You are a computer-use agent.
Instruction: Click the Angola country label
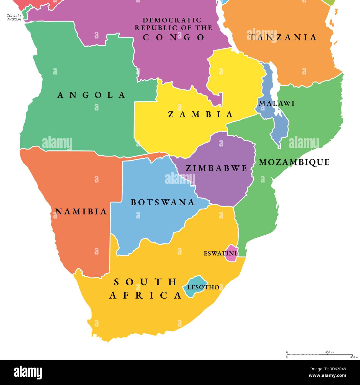tap(91, 95)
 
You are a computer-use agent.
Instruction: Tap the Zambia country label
tap(200, 114)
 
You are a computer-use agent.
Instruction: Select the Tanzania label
tap(282, 37)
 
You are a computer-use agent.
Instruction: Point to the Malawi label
tap(276, 104)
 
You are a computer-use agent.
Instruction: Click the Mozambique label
tap(294, 162)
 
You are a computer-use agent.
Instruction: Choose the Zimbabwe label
tap(216, 168)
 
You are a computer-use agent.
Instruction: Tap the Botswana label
tap(163, 202)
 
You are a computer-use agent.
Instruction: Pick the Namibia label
tap(81, 212)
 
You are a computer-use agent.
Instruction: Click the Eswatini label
tap(220, 253)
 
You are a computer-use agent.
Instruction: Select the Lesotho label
tap(203, 287)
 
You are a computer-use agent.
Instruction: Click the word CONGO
tap(174, 37)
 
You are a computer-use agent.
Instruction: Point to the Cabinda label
tap(14, 16)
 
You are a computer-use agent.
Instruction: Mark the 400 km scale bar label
tap(330, 352)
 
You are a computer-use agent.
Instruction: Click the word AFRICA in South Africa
tap(145, 295)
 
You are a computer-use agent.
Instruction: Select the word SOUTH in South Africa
tap(145, 282)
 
